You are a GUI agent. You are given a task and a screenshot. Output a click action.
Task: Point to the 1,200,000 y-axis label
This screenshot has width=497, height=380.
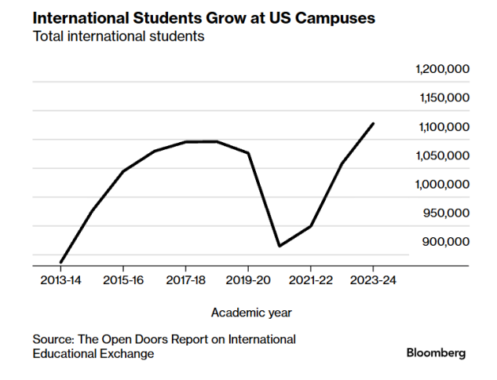(x=441, y=69)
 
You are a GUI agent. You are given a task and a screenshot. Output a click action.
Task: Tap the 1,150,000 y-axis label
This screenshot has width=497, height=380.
(x=441, y=98)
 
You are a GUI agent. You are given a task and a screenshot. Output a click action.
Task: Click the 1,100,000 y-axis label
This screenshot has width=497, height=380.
(x=441, y=127)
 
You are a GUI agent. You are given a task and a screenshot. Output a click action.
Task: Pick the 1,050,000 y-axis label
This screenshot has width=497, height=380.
(x=441, y=155)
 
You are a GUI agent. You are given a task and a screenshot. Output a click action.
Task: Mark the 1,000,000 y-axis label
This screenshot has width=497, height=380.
(x=441, y=185)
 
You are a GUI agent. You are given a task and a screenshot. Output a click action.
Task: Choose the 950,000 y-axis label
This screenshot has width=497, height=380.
(x=445, y=213)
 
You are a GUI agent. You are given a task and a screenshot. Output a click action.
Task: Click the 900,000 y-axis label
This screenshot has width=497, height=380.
(x=445, y=242)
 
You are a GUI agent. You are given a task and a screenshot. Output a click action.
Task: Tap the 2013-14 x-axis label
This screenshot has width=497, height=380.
(x=60, y=280)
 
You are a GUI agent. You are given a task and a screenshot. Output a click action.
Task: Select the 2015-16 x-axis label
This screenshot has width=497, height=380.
(x=123, y=280)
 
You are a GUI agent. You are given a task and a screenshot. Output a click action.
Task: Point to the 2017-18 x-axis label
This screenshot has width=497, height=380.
(x=186, y=280)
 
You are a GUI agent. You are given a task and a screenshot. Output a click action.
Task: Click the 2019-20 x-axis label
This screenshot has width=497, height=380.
(x=248, y=280)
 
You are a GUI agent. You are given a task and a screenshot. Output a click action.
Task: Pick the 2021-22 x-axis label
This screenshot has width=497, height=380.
(x=311, y=280)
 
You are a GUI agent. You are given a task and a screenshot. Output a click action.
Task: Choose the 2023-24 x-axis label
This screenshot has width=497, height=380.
(x=374, y=280)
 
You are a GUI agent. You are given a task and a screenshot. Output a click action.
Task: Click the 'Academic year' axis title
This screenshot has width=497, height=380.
(x=251, y=312)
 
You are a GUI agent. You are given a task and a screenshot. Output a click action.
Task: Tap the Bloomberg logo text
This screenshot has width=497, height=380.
(x=436, y=353)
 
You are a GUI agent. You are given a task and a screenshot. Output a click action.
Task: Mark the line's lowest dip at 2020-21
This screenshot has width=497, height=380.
(x=280, y=247)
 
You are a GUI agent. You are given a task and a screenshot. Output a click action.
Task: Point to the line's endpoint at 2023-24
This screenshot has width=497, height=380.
(x=374, y=123)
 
